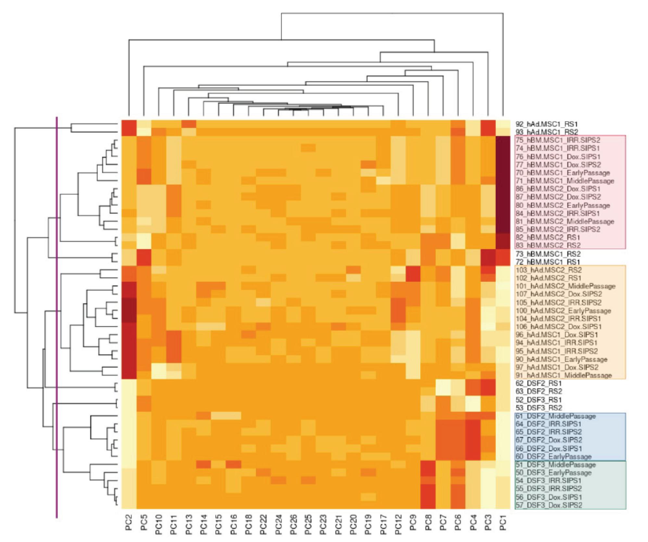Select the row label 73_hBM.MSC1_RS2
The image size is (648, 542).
pyautogui.click(x=548, y=254)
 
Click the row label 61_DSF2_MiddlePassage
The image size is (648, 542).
pyautogui.click(x=555, y=416)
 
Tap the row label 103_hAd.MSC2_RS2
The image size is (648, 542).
pyautogui.click(x=549, y=270)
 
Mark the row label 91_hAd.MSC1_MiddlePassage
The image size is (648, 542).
pyautogui.click(x=564, y=375)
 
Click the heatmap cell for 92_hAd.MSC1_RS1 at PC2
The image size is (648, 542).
pyautogui.click(x=129, y=124)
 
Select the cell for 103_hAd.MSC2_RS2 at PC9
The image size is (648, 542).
pyautogui.click(x=413, y=270)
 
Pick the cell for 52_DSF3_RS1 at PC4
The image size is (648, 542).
pyautogui.click(x=473, y=400)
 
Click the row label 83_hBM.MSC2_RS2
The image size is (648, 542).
pyautogui.click(x=548, y=245)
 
